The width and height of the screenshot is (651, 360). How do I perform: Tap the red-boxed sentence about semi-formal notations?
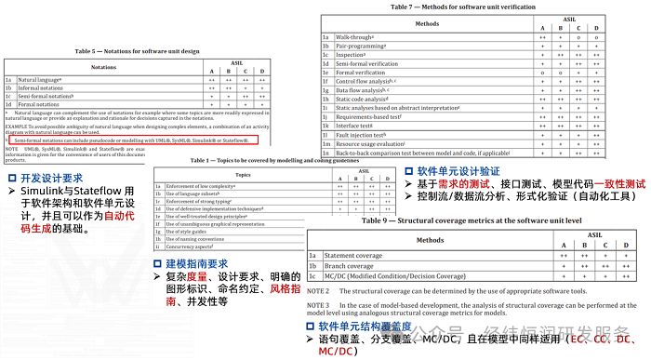tap(129, 140)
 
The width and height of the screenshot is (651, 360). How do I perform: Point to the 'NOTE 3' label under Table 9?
tap(319, 304)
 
